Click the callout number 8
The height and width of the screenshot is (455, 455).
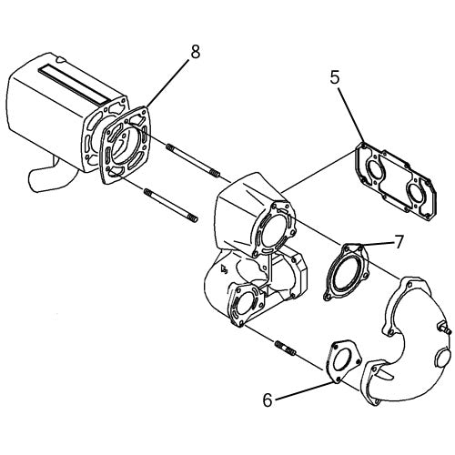(x=196, y=52)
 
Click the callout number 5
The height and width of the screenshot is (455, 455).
(x=335, y=78)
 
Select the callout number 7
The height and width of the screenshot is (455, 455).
(x=399, y=242)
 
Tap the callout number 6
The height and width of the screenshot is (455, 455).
(x=268, y=399)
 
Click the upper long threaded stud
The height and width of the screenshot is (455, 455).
(x=193, y=161)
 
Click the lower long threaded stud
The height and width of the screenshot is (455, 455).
(x=171, y=206)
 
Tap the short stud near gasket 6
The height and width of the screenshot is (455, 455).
(x=285, y=348)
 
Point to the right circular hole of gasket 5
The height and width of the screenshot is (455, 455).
(x=415, y=192)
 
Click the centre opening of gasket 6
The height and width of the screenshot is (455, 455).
(x=343, y=361)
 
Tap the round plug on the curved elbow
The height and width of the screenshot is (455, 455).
(x=443, y=358)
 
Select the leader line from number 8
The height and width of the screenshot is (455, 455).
(x=167, y=83)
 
